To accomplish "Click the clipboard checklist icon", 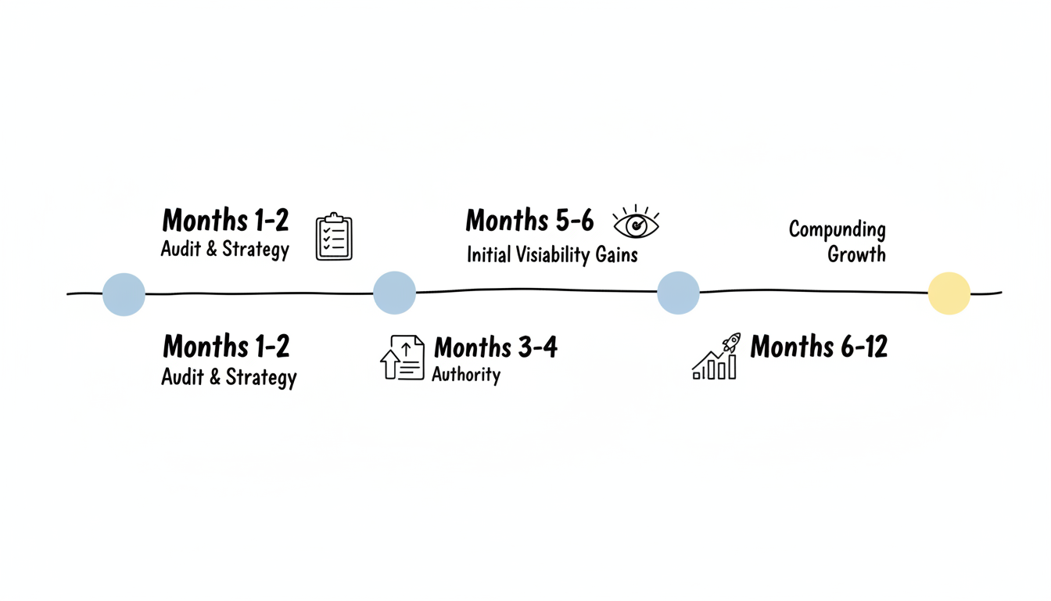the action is click(x=334, y=236).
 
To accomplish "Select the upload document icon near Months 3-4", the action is click(x=403, y=358).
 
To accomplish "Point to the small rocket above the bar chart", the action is click(x=731, y=342).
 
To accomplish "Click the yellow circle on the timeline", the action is click(x=949, y=293).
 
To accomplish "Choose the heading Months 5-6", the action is click(x=529, y=221).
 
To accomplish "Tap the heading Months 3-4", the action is click(x=496, y=347).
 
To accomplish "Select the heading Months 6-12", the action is click(x=819, y=346).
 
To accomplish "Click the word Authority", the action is click(x=466, y=375).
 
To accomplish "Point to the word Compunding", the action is click(x=837, y=229).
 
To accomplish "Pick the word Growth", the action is click(x=856, y=254).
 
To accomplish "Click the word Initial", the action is click(x=489, y=254).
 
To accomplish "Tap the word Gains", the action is click(x=619, y=254).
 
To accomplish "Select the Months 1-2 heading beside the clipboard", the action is click(x=225, y=221).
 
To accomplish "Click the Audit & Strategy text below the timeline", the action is click(x=228, y=377).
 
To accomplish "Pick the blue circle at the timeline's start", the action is click(x=124, y=294).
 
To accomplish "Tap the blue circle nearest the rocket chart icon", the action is click(x=678, y=293).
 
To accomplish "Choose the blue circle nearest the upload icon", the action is click(x=394, y=293).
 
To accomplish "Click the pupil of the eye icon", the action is click(x=637, y=225).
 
